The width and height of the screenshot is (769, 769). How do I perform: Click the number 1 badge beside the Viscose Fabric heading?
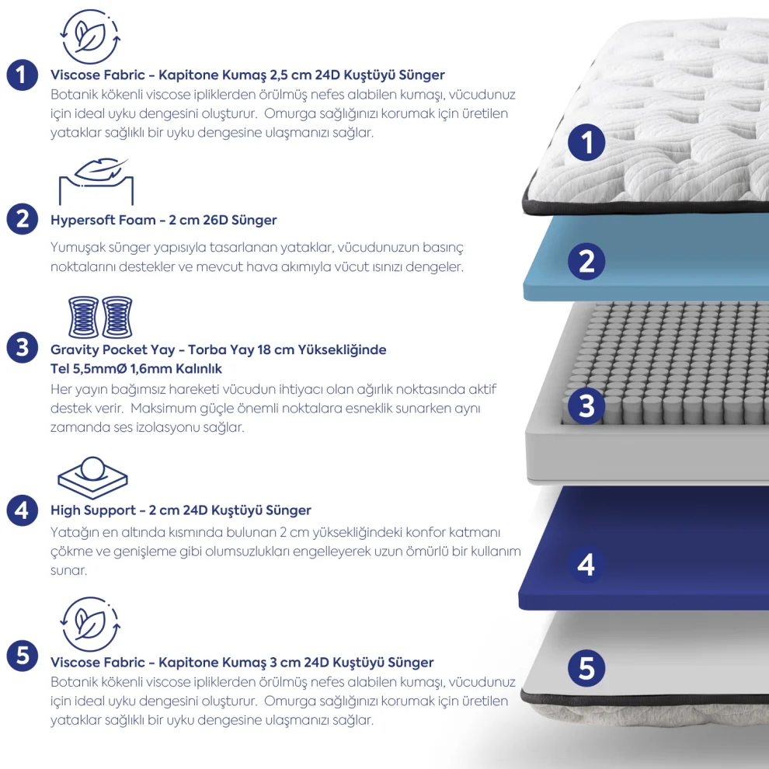pos(22,75)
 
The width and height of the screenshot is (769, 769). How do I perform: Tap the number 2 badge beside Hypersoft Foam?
pos(22,219)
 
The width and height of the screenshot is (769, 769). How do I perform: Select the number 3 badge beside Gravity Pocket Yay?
pos(22,347)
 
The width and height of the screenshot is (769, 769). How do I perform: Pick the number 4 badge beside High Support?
pos(22,510)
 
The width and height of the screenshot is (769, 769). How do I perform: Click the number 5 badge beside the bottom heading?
pos(22,656)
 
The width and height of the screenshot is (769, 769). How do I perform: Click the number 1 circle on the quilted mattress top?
pos(586,142)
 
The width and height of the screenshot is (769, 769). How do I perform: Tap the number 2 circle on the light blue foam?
pos(586,262)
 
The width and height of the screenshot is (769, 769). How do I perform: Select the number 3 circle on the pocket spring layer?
pos(586,406)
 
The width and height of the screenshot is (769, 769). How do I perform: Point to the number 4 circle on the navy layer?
pos(586,565)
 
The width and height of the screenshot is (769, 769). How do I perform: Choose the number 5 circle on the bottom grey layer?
pos(586,668)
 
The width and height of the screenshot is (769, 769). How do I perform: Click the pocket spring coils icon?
pos(100,317)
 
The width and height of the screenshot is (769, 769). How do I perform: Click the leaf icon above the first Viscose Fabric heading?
pos(90,37)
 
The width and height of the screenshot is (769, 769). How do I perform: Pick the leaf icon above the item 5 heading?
pos(90,624)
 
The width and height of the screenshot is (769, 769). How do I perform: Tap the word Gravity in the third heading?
pos(75,350)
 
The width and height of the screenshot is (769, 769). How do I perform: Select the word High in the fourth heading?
pos(65,510)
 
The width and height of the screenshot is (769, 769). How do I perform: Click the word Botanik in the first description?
pos(74,94)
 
